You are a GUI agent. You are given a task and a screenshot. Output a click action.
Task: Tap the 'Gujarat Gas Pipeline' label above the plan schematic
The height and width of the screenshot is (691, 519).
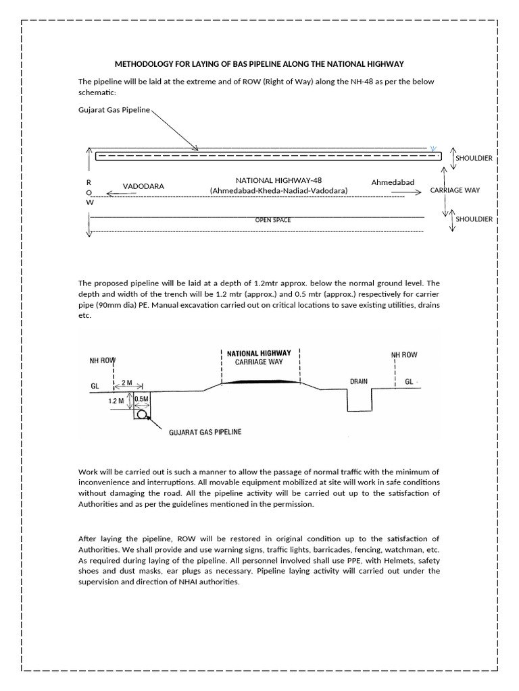(x=114, y=109)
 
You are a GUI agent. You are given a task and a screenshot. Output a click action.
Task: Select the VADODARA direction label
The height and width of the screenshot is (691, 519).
(x=143, y=186)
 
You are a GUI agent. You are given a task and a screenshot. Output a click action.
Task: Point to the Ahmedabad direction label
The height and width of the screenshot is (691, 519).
(x=393, y=182)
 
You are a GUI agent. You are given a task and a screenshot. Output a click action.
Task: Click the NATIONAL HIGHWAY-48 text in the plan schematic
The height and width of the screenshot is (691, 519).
(x=278, y=181)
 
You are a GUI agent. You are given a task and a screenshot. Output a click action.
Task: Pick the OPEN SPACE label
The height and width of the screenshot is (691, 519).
(x=272, y=220)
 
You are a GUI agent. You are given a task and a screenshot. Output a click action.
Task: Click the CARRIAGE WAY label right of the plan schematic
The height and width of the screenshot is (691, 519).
(x=455, y=190)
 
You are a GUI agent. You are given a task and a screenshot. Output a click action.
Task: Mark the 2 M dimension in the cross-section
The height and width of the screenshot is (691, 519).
(x=126, y=383)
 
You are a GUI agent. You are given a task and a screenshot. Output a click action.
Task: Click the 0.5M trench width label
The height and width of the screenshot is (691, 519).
(x=142, y=399)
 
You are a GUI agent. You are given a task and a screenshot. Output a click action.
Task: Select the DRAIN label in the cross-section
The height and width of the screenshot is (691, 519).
(x=358, y=381)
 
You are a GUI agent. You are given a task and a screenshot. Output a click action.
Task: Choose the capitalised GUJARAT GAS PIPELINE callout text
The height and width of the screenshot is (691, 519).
(x=205, y=430)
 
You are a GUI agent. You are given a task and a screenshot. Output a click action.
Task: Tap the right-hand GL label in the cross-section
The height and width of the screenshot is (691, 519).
(x=410, y=381)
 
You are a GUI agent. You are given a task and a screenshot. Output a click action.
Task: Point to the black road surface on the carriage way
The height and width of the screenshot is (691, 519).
(x=261, y=381)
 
